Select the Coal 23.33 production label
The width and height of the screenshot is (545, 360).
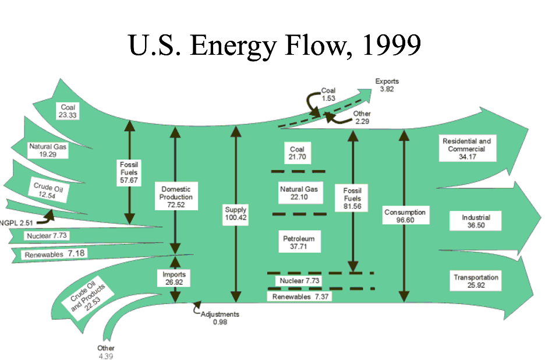(68, 111)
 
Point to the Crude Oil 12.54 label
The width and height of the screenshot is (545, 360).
(48, 191)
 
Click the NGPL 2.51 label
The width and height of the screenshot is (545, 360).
(17, 222)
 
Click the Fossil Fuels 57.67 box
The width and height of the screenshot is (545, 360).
(129, 172)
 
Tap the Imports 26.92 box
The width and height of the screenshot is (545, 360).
(175, 277)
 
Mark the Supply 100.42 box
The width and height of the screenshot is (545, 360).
(235, 214)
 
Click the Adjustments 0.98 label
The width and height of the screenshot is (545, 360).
(220, 318)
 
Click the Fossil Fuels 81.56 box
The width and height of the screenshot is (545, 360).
(352, 198)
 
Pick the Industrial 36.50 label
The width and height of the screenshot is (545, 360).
(476, 221)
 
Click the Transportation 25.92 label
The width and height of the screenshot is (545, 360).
(476, 282)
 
